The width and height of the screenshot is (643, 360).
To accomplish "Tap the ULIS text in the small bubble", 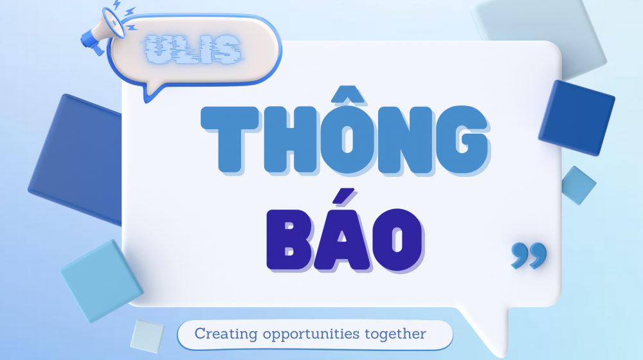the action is [193, 50].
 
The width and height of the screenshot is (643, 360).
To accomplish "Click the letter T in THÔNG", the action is [230, 139].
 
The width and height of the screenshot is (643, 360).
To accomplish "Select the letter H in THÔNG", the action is [290, 139].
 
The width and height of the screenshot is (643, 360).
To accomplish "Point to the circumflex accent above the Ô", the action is [348, 94].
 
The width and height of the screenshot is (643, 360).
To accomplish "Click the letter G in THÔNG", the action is [462, 139].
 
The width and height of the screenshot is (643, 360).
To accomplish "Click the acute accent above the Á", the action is [343, 196].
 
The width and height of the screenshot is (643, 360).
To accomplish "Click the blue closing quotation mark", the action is [529, 255].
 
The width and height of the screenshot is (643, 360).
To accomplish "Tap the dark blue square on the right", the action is [576, 118].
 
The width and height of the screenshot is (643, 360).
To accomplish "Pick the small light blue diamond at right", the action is [578, 185].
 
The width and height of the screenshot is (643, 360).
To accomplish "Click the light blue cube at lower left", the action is [102, 280].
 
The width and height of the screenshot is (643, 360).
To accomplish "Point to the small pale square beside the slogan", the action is [147, 336].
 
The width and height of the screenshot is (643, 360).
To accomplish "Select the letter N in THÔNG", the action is [404, 139].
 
